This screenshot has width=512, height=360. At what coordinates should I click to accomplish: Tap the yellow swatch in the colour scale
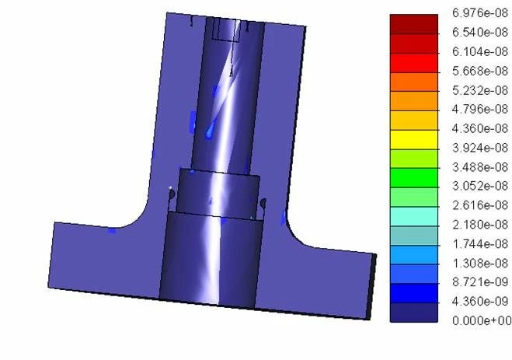click(413, 138)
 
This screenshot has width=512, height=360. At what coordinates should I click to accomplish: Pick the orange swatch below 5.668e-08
click(413, 80)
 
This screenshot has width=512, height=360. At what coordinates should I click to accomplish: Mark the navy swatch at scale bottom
click(413, 310)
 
